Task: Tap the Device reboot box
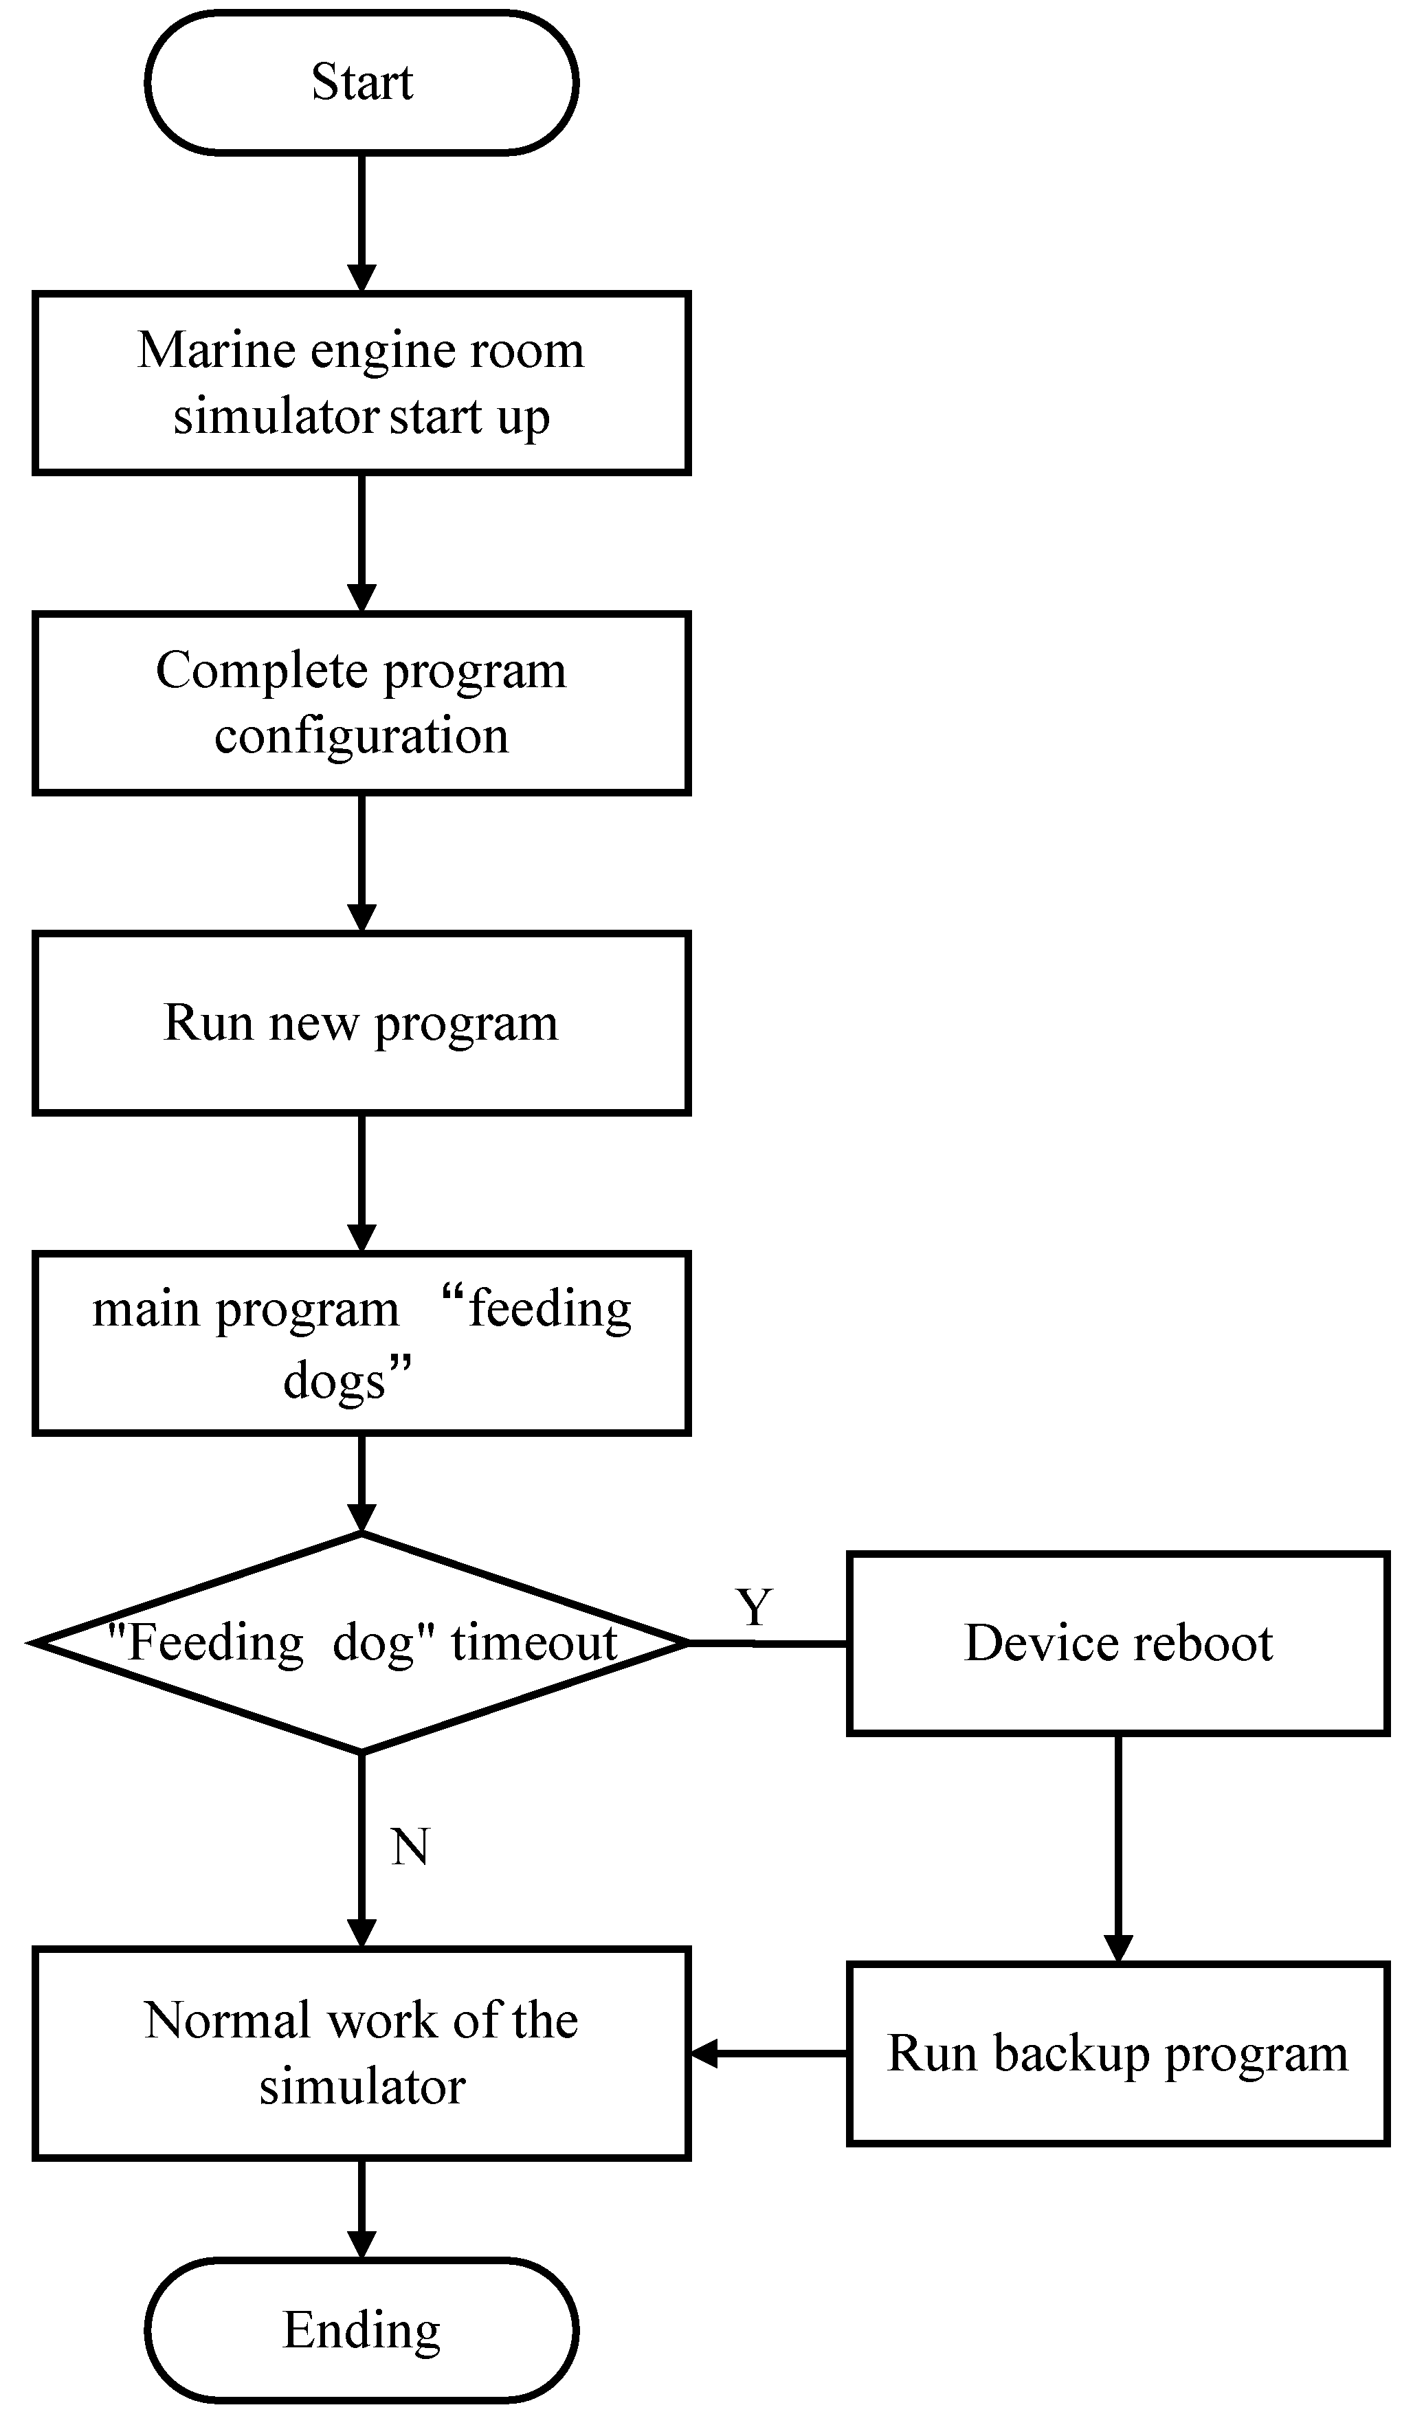coord(1118,1644)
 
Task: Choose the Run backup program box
coord(1118,2054)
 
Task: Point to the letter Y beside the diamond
coord(754,1607)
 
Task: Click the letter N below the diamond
coord(410,1847)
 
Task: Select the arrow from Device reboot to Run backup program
coord(1118,1849)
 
